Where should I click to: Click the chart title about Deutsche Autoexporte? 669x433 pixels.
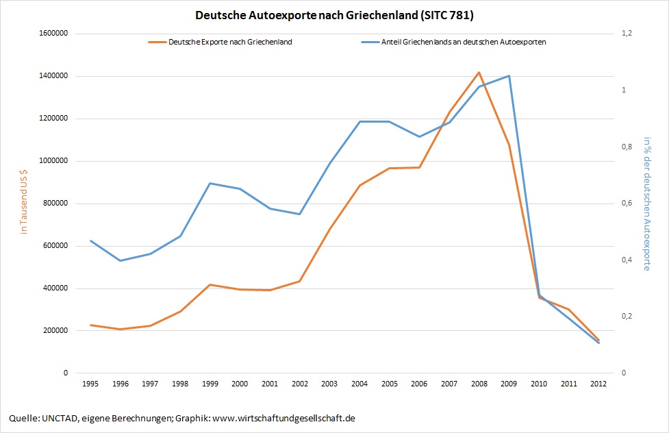334,14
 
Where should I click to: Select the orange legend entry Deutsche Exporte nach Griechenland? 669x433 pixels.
230,42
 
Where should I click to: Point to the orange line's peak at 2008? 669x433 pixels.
479,72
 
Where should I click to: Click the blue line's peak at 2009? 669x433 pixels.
509,76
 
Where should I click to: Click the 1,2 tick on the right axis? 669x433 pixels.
626,34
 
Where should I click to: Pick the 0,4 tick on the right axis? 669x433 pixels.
626,260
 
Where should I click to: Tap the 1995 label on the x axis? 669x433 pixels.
90,384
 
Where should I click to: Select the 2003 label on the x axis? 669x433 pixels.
329,384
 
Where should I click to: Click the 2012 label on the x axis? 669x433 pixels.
598,384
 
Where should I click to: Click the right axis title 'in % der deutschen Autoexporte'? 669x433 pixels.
646,203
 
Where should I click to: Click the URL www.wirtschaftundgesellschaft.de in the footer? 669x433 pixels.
283,418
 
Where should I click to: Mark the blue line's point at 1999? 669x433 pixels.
210,183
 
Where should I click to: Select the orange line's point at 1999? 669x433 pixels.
210,284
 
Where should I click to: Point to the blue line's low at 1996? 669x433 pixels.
120,260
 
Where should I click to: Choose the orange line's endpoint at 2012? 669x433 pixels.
598,340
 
